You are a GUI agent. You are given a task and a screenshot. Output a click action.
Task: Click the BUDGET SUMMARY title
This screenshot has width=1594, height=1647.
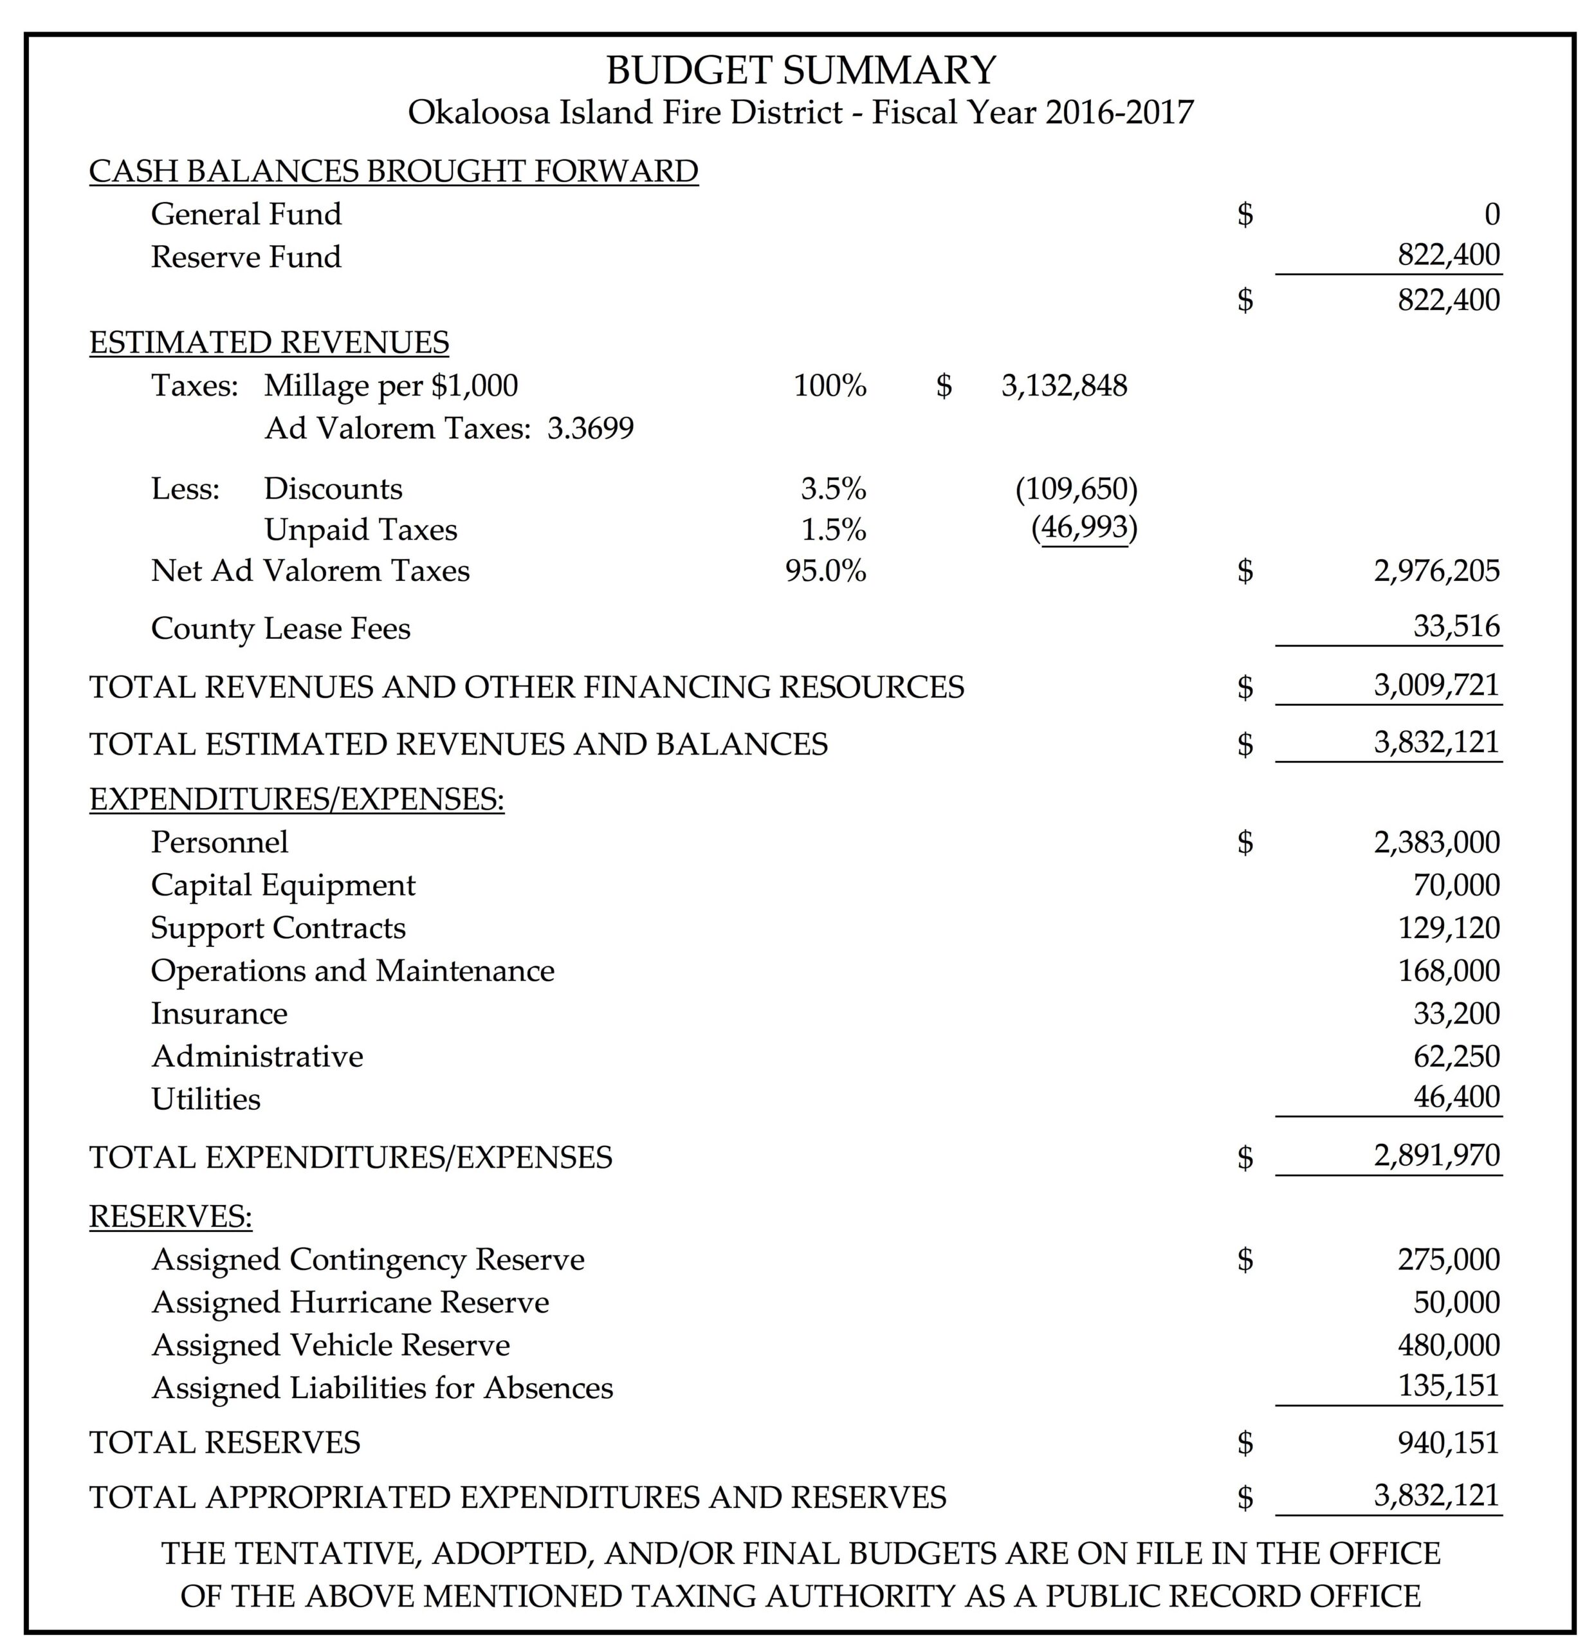(x=800, y=69)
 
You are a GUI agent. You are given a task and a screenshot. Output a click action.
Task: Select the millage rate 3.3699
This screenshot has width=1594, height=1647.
(x=590, y=428)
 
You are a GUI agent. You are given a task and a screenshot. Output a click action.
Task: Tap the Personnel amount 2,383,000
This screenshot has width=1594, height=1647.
(x=1436, y=842)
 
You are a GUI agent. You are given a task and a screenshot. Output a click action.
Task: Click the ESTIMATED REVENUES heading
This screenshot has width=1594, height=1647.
(x=269, y=343)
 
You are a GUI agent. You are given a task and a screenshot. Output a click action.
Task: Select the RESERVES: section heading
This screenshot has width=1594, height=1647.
(x=170, y=1216)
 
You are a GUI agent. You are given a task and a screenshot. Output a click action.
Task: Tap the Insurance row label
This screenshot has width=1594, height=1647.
(x=219, y=1013)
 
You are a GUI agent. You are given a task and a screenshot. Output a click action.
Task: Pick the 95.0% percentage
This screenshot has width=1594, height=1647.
(x=825, y=571)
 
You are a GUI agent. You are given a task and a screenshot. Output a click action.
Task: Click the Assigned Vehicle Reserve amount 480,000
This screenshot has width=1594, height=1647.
(x=1448, y=1345)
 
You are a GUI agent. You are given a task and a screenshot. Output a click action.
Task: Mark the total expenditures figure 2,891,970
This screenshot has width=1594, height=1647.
(x=1436, y=1155)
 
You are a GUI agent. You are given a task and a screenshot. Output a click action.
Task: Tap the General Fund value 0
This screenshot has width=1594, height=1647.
(x=1492, y=215)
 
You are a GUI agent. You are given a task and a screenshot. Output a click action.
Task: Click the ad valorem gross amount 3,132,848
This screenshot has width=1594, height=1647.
(x=1064, y=386)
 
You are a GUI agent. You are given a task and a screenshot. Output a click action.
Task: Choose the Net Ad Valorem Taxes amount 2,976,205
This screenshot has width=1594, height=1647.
(x=1436, y=571)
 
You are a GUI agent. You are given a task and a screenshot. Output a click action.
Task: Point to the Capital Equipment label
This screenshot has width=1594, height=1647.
(x=283, y=885)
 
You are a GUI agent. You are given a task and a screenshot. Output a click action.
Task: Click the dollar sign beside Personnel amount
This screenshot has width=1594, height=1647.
(x=1245, y=842)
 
